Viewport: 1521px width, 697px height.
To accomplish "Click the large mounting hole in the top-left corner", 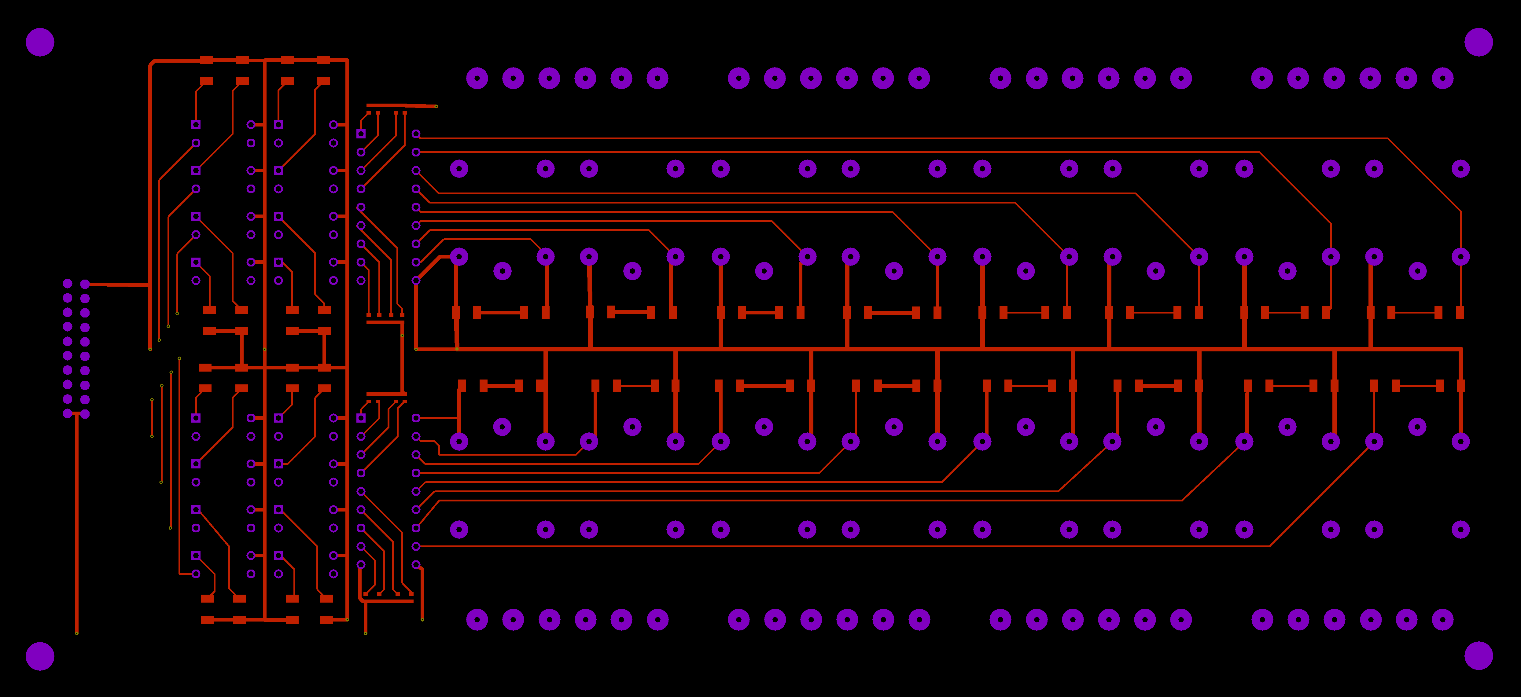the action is [40, 42].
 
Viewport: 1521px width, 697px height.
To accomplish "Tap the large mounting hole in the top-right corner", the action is [1479, 42].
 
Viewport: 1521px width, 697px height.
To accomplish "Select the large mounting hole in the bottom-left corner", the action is [40, 656].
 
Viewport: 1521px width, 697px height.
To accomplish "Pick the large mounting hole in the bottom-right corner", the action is [1479, 656].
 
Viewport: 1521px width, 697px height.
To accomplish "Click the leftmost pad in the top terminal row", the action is [477, 78].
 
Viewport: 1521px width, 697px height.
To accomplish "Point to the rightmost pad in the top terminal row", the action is [1442, 78].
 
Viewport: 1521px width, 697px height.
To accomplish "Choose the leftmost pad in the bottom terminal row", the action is [477, 620].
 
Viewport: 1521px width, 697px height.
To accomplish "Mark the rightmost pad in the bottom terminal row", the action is [1442, 620].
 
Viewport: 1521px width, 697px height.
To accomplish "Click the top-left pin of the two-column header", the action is [67, 284].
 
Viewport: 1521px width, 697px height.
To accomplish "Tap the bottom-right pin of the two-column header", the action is [85, 414].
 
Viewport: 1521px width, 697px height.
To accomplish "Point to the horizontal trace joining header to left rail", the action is [118, 284].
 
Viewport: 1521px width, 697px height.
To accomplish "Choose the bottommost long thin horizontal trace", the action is [827, 546].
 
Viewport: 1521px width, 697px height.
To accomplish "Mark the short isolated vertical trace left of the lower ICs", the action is [152, 418].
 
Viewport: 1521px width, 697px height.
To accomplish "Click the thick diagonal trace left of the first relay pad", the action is [428, 269].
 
